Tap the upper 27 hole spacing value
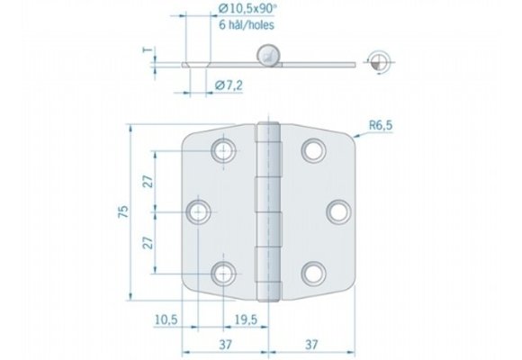pyautogui.click(x=148, y=179)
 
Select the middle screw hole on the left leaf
pyautogui.click(x=199, y=211)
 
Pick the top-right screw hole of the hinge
pyautogui.click(x=313, y=149)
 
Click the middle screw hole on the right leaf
pyautogui.click(x=337, y=211)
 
